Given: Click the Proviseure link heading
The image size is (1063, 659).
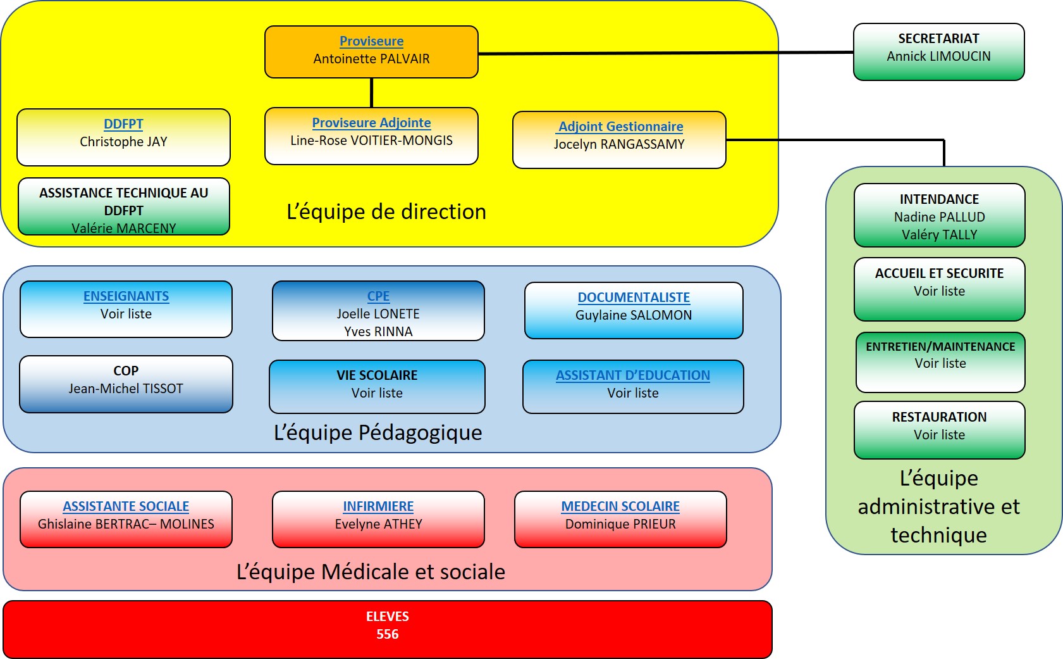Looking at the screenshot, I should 371,41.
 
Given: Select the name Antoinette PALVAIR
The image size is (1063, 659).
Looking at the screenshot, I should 371,59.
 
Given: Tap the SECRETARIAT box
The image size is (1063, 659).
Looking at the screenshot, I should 938,51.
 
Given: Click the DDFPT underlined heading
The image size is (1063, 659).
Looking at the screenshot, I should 123,124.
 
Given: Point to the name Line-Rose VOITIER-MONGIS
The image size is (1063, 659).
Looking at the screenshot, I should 371,141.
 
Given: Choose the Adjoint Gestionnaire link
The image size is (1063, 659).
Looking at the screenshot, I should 620,127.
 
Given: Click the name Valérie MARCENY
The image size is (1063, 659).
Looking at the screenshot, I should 123,228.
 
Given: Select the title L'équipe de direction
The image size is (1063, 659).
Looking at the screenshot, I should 386,211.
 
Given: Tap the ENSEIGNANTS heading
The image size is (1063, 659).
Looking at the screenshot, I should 126,296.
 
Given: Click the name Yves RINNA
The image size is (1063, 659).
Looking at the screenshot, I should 378,332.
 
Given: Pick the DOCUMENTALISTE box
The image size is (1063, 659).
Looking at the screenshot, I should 634,310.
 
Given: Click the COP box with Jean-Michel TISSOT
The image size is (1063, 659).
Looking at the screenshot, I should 126,384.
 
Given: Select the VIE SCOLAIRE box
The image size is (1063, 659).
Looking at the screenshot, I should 377,386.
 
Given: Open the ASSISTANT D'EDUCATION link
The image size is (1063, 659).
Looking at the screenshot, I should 632,375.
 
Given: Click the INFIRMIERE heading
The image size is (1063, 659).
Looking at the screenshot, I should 378,506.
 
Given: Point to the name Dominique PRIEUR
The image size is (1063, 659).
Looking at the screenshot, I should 620,524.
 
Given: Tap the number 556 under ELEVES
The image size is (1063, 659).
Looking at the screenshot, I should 387,634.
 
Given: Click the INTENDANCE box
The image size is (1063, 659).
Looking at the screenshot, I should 939,215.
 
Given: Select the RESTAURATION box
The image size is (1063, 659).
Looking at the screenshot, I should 939,429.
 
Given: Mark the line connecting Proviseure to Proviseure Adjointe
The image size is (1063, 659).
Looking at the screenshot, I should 371,92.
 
